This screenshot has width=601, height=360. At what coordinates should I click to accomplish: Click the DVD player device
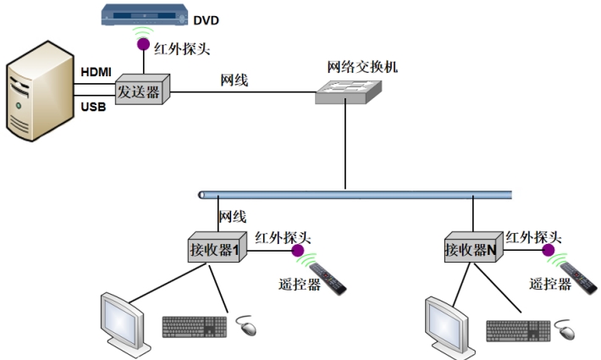(x=144, y=14)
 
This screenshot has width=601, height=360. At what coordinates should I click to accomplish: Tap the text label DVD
(x=206, y=20)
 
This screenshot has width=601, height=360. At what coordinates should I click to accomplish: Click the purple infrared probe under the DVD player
(x=143, y=44)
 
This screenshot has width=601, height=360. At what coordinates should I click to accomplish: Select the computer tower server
(x=40, y=91)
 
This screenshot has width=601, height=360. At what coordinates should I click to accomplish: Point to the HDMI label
(x=96, y=72)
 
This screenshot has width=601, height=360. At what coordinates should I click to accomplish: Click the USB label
(x=93, y=107)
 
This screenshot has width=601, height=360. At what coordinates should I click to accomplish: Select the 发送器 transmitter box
(x=142, y=89)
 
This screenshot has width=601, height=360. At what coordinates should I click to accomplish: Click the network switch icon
(x=349, y=92)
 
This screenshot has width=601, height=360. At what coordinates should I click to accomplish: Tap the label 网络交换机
(x=362, y=67)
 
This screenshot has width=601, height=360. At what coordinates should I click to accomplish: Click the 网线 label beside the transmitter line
(x=234, y=80)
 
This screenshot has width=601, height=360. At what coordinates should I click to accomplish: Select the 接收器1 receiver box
(x=218, y=246)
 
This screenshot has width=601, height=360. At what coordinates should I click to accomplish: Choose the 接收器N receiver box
(x=474, y=246)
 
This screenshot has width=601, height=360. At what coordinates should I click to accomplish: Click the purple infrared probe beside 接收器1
(x=298, y=251)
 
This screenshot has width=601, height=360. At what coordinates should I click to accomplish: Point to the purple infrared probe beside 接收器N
(x=549, y=251)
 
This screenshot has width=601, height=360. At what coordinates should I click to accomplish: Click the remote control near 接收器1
(x=328, y=279)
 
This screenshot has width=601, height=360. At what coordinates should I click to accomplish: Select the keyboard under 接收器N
(x=518, y=331)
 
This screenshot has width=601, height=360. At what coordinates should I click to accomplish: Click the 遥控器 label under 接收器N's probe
(x=550, y=284)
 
